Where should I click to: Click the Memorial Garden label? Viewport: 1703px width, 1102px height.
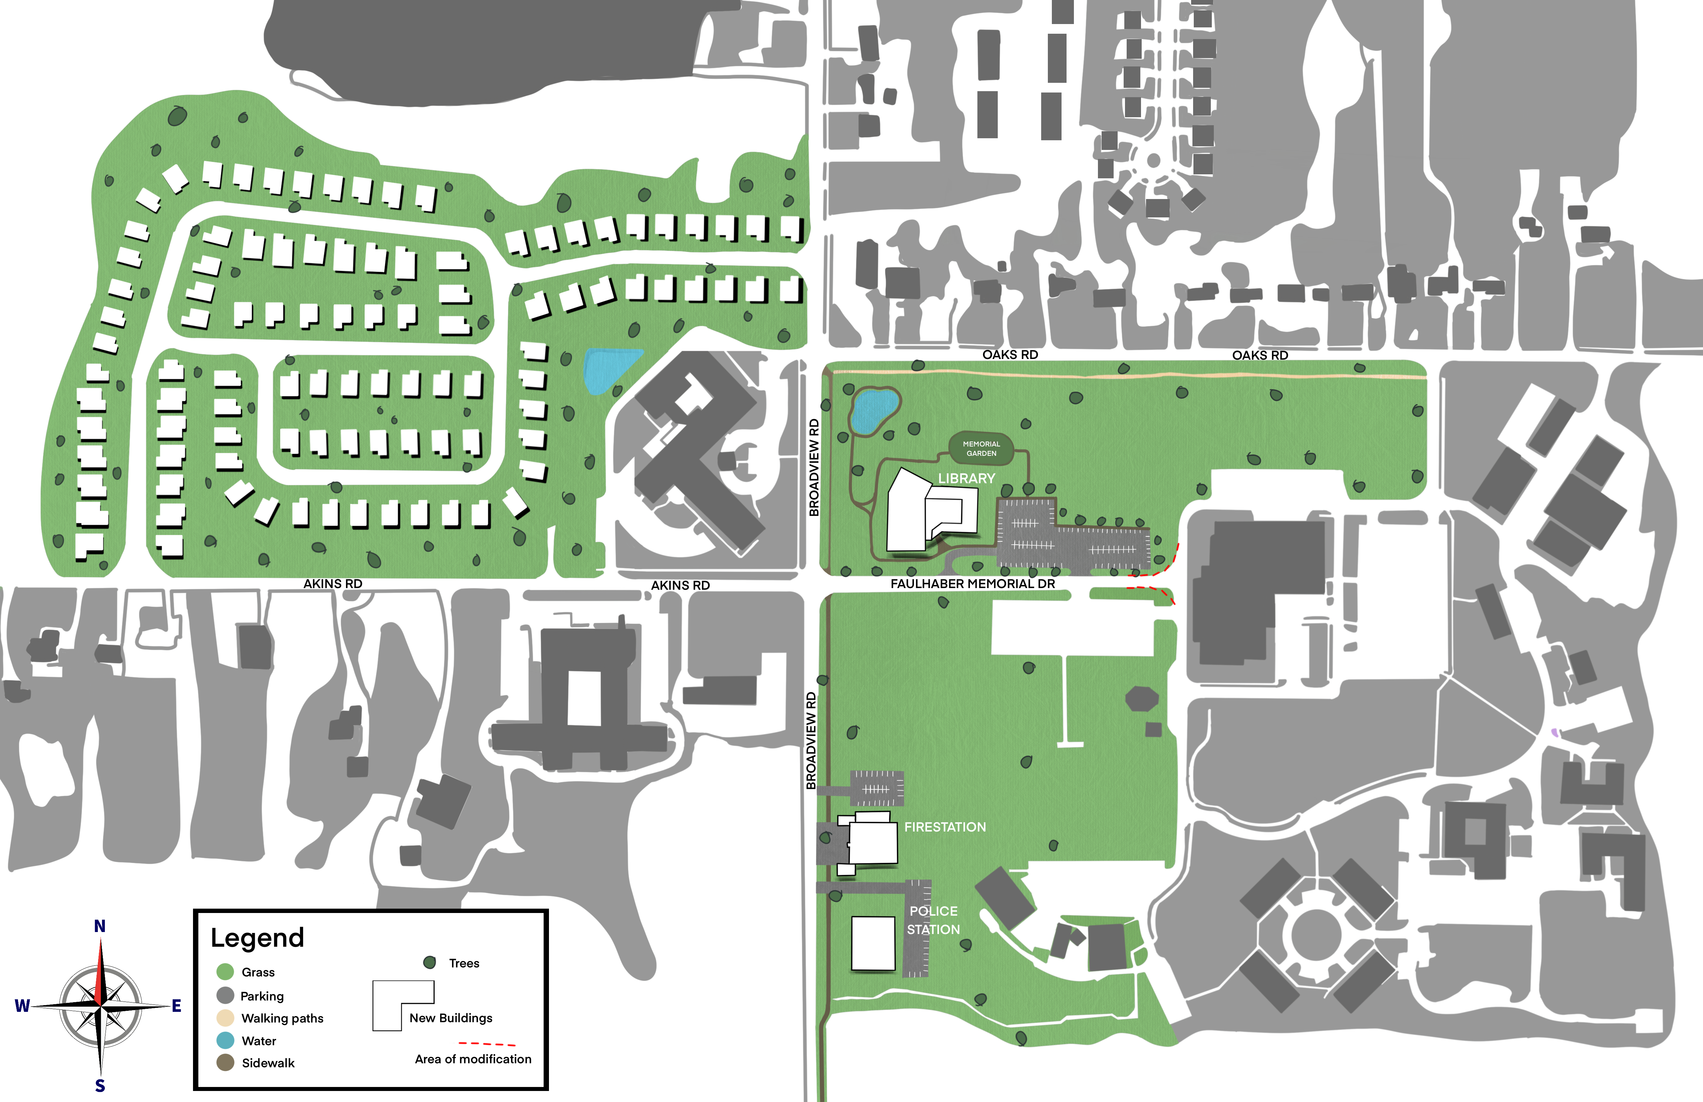(x=981, y=449)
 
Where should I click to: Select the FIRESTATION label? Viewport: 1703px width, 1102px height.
(x=945, y=827)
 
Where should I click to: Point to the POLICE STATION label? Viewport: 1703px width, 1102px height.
(x=933, y=920)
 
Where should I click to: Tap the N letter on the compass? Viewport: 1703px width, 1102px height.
(x=100, y=926)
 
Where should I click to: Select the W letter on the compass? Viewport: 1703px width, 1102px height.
(x=22, y=1006)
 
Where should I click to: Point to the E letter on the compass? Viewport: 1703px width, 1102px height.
(x=176, y=1006)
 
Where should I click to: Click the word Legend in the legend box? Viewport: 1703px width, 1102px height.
(x=257, y=938)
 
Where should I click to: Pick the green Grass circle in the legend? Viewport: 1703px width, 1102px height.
(x=225, y=972)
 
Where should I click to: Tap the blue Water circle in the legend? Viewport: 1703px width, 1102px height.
(x=225, y=1041)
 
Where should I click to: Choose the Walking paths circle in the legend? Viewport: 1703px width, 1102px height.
(x=225, y=1018)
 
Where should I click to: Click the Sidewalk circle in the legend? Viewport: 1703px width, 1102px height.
(x=225, y=1063)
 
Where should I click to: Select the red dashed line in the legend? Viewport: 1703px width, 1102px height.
(x=487, y=1044)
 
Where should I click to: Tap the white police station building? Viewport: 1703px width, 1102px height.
(x=873, y=943)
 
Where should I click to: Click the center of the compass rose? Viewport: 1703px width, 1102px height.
(x=100, y=1006)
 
